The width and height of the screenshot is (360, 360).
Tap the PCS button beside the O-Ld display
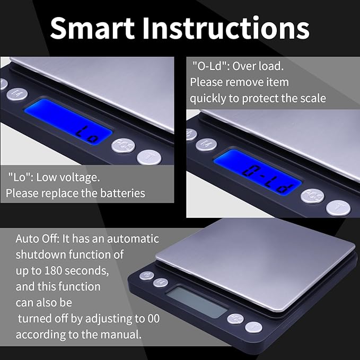(312, 196)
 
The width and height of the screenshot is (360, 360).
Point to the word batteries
(119, 192)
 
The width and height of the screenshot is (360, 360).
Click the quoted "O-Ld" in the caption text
(209, 66)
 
